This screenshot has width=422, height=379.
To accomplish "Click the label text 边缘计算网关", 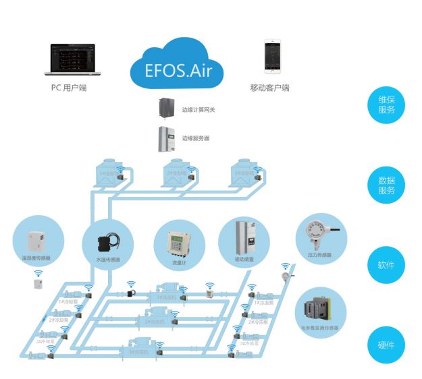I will point(198,109).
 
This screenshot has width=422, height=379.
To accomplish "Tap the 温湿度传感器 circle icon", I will point(38,242).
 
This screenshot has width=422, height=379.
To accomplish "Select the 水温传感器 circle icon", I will point(107,242).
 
